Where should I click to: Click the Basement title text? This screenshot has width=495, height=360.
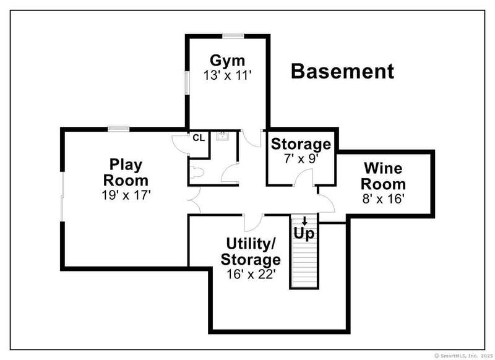[342, 71]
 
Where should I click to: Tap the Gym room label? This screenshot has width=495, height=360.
[227, 61]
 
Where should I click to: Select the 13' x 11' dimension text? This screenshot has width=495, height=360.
[227, 75]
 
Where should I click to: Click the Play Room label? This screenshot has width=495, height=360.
[126, 173]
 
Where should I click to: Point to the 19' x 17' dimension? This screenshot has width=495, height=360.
[126, 195]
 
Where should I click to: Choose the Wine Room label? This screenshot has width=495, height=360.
[383, 176]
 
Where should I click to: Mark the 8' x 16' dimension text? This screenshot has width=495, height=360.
[384, 199]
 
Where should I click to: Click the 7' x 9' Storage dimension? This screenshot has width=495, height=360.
[301, 159]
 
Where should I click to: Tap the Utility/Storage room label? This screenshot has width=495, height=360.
[251, 252]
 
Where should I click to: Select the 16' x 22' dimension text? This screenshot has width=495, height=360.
[251, 274]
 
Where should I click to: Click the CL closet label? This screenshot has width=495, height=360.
[199, 138]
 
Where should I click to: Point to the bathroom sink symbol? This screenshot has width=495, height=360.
[223, 136]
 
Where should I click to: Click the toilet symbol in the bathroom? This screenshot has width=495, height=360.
[197, 172]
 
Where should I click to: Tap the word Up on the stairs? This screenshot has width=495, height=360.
[304, 234]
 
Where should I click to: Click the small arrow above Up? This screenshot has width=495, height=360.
[304, 221]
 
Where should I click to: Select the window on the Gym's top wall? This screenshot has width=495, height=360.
[233, 36]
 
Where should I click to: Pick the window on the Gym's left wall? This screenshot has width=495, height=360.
[187, 83]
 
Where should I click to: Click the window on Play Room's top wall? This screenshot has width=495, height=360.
[119, 129]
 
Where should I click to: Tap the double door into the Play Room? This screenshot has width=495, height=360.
[194, 200]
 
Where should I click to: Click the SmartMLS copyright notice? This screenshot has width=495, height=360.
[463, 356]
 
